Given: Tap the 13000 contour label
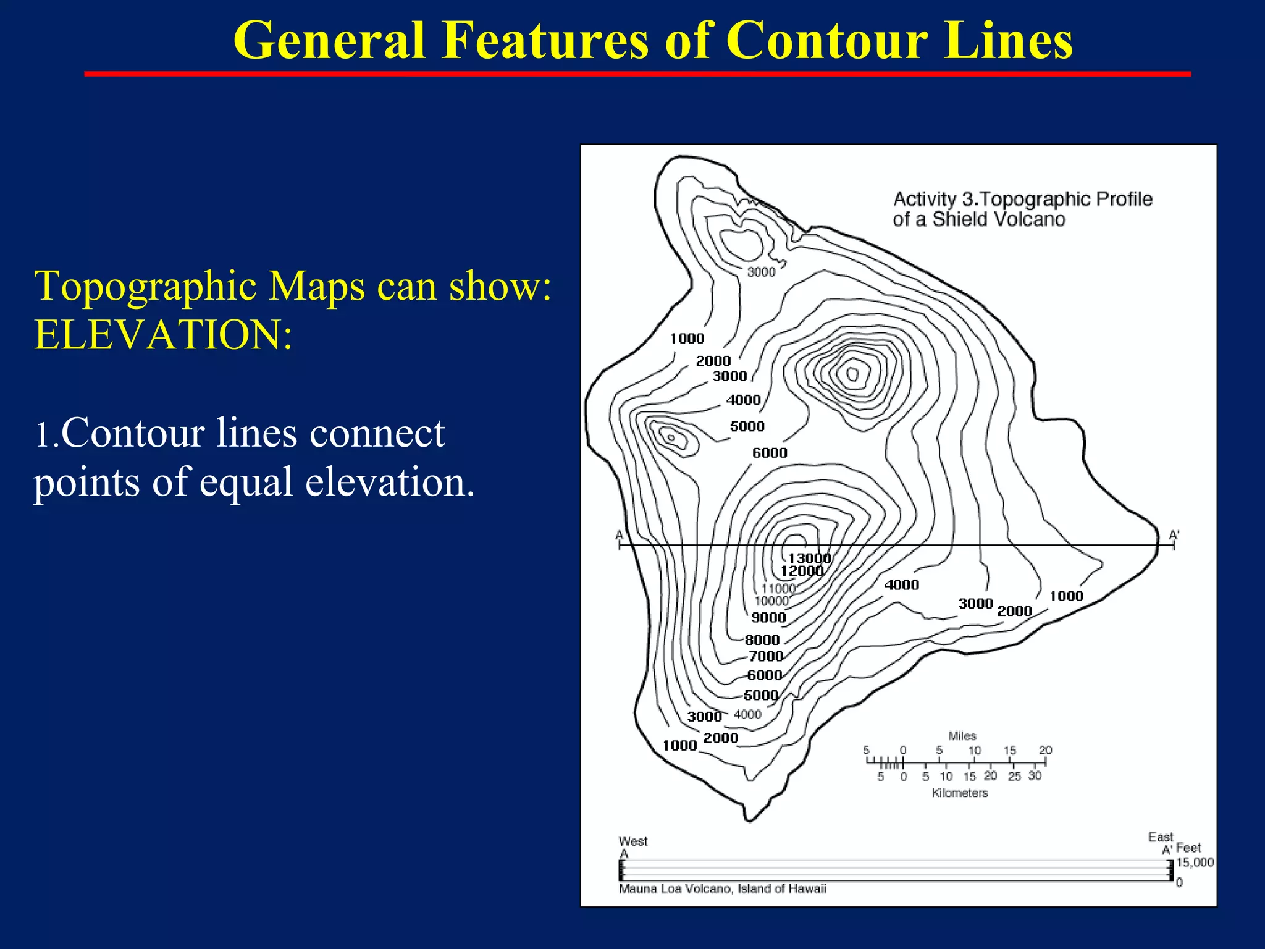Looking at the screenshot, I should (x=809, y=558).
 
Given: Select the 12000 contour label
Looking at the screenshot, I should (x=802, y=571).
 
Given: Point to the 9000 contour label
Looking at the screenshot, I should (x=768, y=617).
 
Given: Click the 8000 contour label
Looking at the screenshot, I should (x=762, y=640).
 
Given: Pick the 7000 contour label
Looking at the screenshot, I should (x=766, y=656).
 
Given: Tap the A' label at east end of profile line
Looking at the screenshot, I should (x=1174, y=535).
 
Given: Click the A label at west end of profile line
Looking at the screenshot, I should (x=619, y=535).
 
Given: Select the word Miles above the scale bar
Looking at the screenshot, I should (x=962, y=736).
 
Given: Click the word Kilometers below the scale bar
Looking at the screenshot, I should (x=959, y=793).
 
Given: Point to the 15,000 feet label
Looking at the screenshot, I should (x=1195, y=863).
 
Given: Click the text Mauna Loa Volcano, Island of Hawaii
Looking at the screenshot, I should (x=722, y=888).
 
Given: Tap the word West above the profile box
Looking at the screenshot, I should (x=633, y=841).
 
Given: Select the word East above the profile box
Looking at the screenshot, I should (x=1160, y=837).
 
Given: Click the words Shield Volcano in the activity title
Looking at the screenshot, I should (x=999, y=219).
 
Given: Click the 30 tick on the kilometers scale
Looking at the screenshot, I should (x=1035, y=775).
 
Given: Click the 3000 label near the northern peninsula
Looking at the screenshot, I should (x=761, y=272).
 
